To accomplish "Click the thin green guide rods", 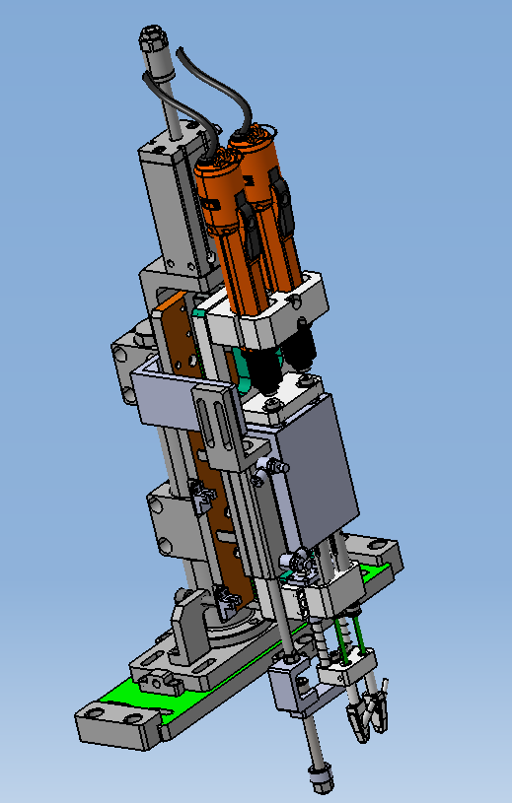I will (x=353, y=636).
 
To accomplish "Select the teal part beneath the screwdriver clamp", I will (x=200, y=313).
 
